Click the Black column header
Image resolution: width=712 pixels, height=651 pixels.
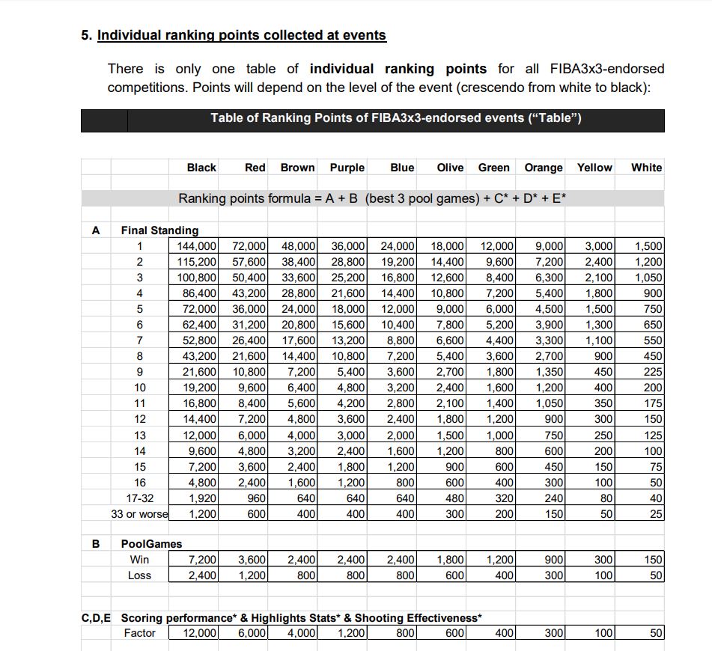[201, 168]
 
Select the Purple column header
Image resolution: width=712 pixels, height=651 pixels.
[347, 168]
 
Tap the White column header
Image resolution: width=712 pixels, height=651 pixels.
[646, 168]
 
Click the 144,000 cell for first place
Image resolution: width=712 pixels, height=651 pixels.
[197, 246]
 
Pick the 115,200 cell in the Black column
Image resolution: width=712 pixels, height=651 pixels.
[197, 262]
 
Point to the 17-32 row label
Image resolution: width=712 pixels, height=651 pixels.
[139, 498]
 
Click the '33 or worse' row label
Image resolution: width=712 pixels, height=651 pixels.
[139, 514]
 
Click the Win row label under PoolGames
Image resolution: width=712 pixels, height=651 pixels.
[139, 560]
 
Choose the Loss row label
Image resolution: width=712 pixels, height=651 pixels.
[139, 575]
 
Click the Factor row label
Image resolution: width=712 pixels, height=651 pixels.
[139, 633]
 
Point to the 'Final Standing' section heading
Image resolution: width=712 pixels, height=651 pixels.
[159, 230]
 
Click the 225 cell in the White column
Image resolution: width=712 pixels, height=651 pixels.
[652, 372]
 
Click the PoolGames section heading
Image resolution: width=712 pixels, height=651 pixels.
[151, 544]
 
